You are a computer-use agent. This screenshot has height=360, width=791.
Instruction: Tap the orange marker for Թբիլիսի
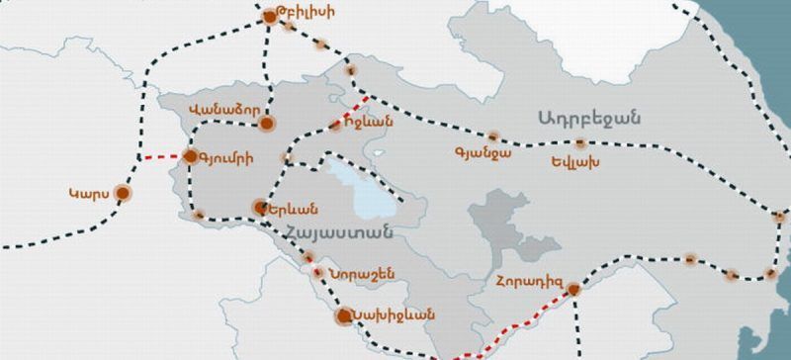click(x=271, y=17)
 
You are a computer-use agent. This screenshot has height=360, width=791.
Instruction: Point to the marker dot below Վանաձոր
click(x=267, y=124)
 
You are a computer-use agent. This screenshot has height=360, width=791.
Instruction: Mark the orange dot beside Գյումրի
click(x=192, y=155)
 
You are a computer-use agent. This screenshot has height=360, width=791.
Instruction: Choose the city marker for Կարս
click(x=123, y=193)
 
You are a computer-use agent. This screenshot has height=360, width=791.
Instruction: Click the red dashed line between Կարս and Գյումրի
click(x=159, y=157)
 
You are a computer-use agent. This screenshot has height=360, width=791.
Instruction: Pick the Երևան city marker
click(x=261, y=208)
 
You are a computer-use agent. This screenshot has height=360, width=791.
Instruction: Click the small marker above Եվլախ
click(x=579, y=144)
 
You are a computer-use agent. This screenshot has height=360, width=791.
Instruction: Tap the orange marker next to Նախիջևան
click(x=343, y=316)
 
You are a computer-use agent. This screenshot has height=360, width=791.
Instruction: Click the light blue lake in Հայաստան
click(x=361, y=193)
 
